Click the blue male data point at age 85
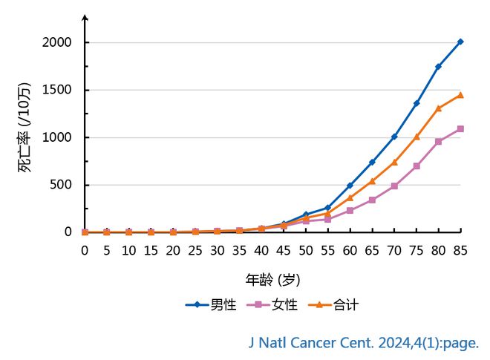click(x=460, y=42)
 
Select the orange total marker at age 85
click(x=460, y=95)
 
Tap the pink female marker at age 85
click(x=460, y=128)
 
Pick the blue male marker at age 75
click(x=416, y=103)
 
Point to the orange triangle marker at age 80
click(x=439, y=108)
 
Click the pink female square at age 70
click(x=394, y=186)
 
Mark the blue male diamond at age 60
click(x=350, y=186)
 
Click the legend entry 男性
click(x=211, y=304)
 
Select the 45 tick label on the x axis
click(x=284, y=250)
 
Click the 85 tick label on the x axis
click(x=460, y=250)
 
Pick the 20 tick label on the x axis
click(x=173, y=250)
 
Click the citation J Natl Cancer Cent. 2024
click(x=363, y=343)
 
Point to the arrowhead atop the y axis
click(x=85, y=16)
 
